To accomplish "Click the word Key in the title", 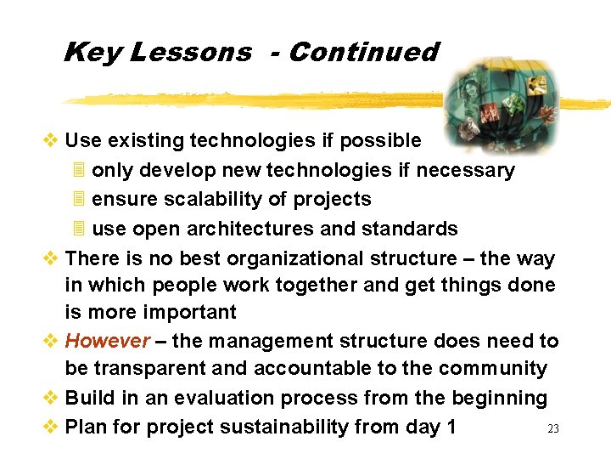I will point(92,53).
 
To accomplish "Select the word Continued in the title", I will point(363,52).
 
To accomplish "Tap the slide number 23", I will point(553,429).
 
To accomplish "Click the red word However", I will point(108,341).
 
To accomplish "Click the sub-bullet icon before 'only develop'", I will point(79,170).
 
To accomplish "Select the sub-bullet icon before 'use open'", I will point(79,229).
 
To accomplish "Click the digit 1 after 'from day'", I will point(451,427).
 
